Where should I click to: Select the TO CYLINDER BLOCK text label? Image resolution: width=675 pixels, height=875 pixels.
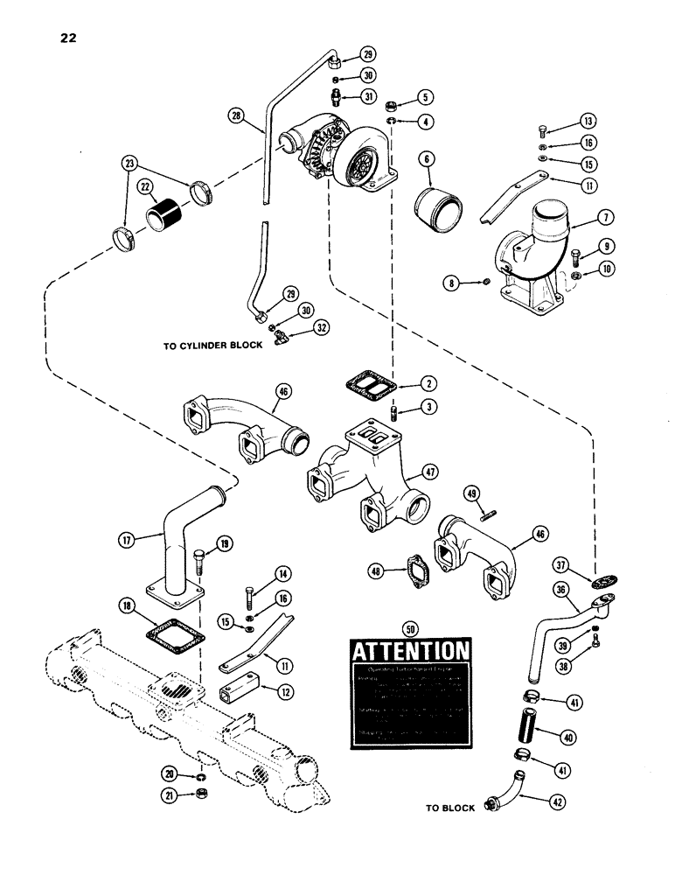click(212, 346)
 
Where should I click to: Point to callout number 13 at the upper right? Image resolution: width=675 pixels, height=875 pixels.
click(586, 121)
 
